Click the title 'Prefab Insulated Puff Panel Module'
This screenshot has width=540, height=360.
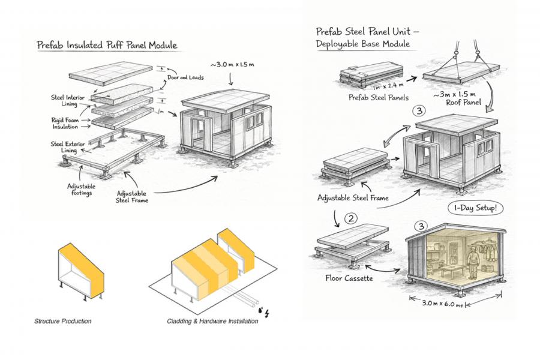[107, 45]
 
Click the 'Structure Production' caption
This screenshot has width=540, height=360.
[64, 322]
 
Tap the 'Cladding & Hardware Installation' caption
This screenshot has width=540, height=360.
[212, 322]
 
